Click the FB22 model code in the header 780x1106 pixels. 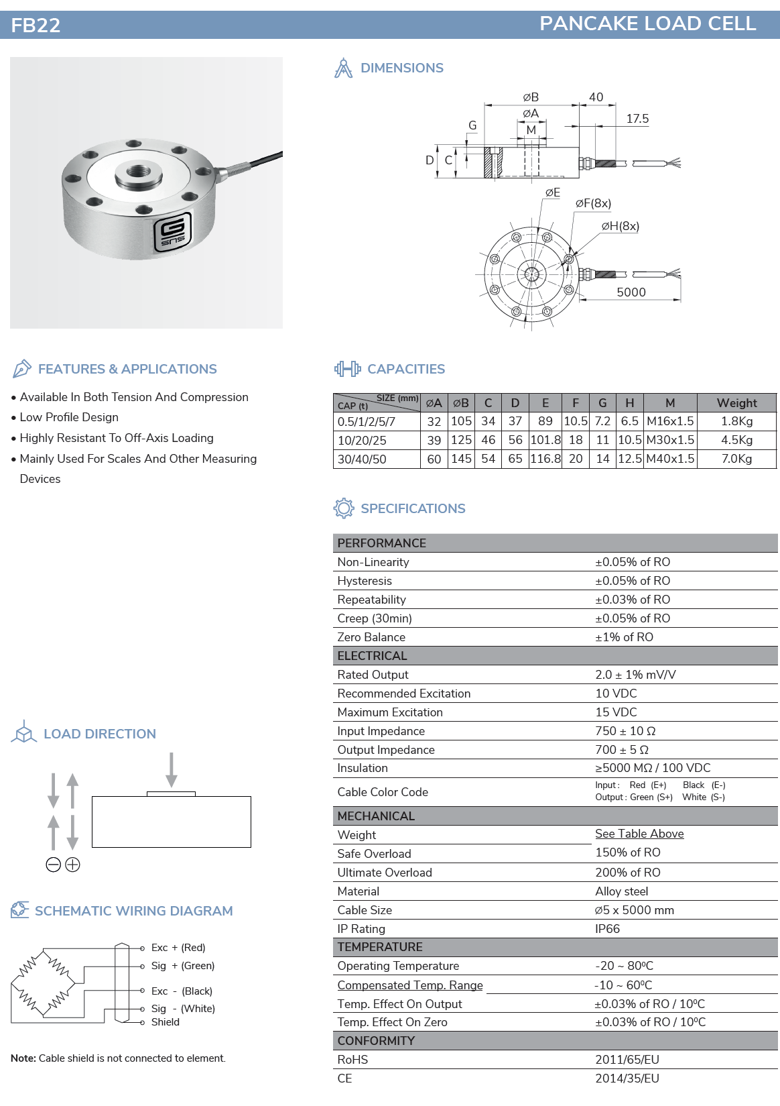[36, 25]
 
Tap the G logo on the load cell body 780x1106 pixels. [173, 232]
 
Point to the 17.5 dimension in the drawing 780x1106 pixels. [637, 119]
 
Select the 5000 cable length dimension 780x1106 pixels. [631, 292]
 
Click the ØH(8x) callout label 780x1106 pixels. [620, 226]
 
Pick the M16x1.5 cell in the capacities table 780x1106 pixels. [669, 421]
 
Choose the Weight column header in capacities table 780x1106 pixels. [736, 403]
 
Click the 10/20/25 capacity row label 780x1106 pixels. [362, 441]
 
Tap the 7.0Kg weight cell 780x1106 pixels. [736, 459]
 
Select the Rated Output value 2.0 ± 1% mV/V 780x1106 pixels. [635, 675]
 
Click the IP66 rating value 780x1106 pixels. [607, 929]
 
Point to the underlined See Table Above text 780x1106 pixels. [639, 834]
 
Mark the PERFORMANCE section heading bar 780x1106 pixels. [555, 543]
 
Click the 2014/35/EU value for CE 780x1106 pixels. [627, 1079]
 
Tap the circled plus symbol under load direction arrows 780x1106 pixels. [73, 865]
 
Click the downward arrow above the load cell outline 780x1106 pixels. [172, 769]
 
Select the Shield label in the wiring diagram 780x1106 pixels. [166, 1022]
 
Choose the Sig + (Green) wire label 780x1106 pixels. [183, 966]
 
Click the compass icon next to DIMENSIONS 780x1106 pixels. [343, 68]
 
